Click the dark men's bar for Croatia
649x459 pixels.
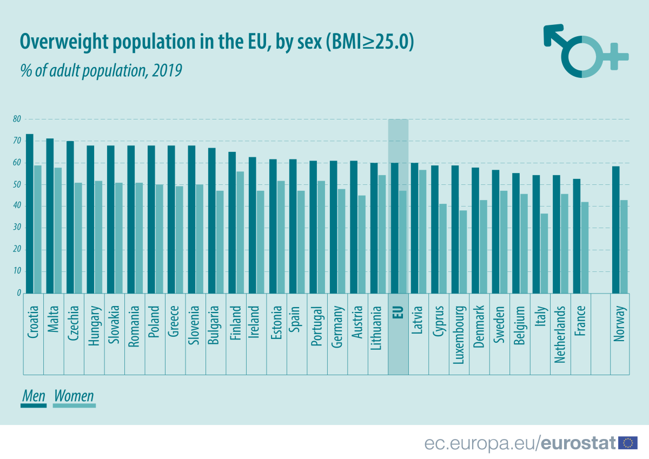point(30,214)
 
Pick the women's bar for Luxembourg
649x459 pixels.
point(462,251)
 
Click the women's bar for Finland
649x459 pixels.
point(240,232)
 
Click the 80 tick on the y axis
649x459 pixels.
point(17,119)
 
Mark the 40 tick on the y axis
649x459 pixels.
point(17,206)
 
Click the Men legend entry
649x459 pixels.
point(34,396)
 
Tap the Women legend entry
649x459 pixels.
point(74,396)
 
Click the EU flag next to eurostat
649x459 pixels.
point(628,443)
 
